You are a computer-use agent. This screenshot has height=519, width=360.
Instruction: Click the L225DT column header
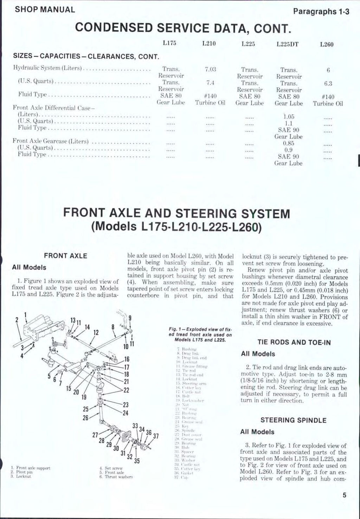point(287,44)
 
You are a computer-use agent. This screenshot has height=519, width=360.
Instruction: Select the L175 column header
point(169,44)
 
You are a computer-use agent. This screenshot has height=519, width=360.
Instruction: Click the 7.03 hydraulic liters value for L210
point(210,70)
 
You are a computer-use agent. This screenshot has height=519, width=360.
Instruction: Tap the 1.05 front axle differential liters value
point(288,117)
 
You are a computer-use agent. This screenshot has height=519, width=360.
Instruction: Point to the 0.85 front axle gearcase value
point(288,143)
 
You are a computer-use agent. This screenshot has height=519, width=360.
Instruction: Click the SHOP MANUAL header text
point(45,9)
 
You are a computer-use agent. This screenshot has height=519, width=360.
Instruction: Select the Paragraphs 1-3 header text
point(321,11)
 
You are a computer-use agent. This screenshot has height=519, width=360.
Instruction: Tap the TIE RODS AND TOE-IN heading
point(294,342)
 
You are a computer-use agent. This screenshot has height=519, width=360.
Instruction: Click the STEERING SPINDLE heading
point(293,420)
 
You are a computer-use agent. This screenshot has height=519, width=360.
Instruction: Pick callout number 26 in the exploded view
point(85,418)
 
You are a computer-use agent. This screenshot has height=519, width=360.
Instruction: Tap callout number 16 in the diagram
point(127,359)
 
